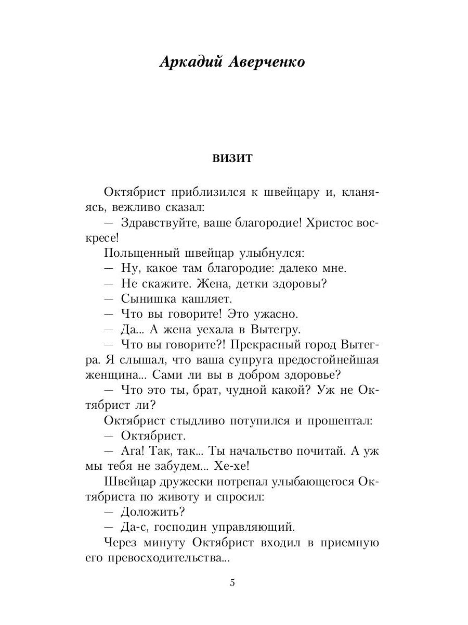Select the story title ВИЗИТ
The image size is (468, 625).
[232, 158]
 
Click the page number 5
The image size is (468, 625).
[232, 583]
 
